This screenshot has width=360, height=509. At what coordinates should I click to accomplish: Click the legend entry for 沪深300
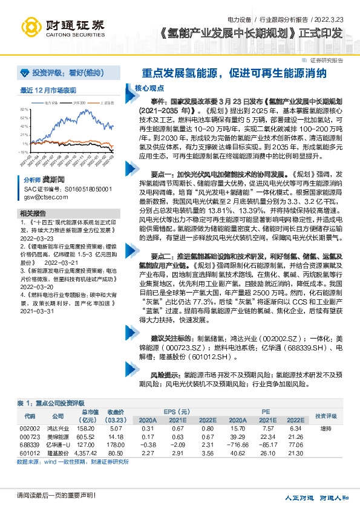click(79, 103)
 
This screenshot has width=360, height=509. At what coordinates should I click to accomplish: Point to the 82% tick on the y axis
click(24, 109)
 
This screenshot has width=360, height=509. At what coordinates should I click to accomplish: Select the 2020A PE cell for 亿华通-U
click(237, 444)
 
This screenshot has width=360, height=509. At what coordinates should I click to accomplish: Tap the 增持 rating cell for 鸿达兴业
click(325, 427)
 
